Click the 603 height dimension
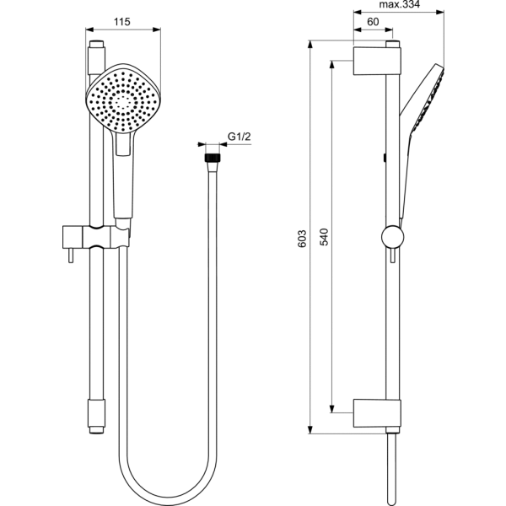(x=302, y=240)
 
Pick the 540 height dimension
(x=324, y=240)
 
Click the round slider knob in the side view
(x=390, y=236)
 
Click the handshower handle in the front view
(x=122, y=181)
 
